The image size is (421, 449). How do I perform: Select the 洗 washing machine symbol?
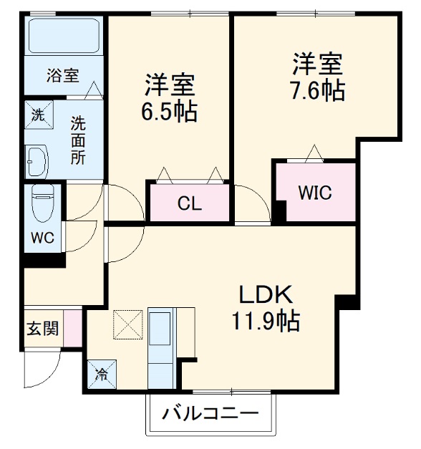pos(37,112)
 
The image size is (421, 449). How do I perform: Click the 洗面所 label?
pos(77,140)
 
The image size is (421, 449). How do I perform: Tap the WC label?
pos(40,237)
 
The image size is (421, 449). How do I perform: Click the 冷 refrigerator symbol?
pos(102,372)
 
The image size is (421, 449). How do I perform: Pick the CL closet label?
pos(190,203)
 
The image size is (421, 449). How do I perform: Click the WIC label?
pos(315,193)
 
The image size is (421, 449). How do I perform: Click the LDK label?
pos(266,294)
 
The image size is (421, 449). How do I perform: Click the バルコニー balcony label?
pos(209,414)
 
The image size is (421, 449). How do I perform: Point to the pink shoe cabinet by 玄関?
pos(72,327)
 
